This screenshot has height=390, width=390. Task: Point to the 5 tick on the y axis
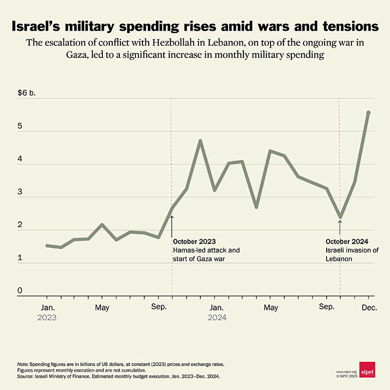pos(20,126)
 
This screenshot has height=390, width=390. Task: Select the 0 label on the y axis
pos(20,291)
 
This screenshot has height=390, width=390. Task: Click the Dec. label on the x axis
pos(368,308)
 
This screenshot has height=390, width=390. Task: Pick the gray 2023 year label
pos(47,317)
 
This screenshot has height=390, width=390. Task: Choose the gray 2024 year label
pos(217,317)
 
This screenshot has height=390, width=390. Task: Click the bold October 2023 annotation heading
pos(194,242)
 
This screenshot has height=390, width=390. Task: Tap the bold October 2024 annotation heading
pos(347,242)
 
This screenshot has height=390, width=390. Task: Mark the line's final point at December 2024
pos(368,113)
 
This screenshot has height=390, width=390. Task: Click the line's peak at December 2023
pos(200,141)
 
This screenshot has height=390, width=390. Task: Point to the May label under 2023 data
pos(102,308)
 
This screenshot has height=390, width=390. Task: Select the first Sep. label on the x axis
pos(158,308)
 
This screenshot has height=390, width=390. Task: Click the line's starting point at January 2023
pos(47,245)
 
